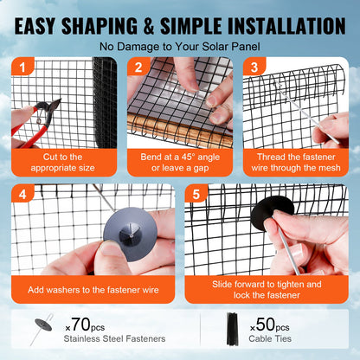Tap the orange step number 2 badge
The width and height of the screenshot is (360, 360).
(136, 67)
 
